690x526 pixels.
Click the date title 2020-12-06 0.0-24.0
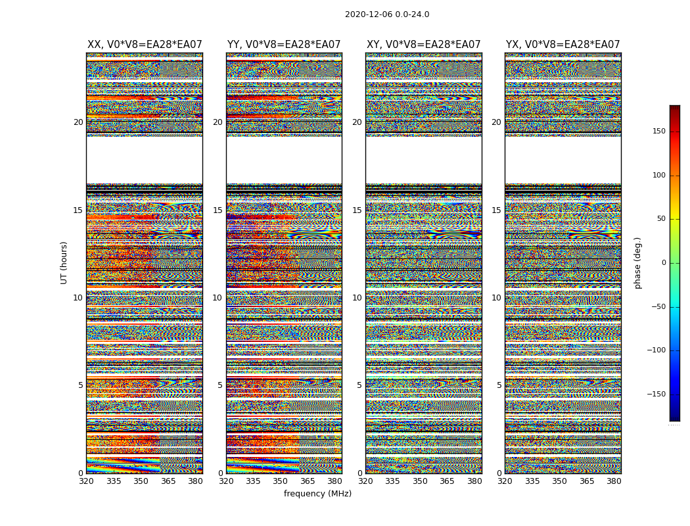pos(387,14)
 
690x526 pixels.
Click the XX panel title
pos(145,45)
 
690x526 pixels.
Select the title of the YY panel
pos(284,45)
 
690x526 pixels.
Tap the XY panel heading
pos(423,45)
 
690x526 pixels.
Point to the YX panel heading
pos(563,45)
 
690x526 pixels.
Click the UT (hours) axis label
pos(64,262)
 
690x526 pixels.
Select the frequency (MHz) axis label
pos(317,494)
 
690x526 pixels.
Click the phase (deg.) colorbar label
pos(637,263)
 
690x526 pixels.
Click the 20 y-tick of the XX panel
pos(78,122)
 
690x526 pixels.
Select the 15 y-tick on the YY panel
pos(218,210)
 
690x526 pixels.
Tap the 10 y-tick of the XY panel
pos(357,298)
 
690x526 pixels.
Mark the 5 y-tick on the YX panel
pos(499,385)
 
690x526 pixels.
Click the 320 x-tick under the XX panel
pos(86,481)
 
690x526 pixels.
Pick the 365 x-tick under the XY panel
pos(447,481)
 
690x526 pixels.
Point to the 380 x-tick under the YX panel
pos(614,481)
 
